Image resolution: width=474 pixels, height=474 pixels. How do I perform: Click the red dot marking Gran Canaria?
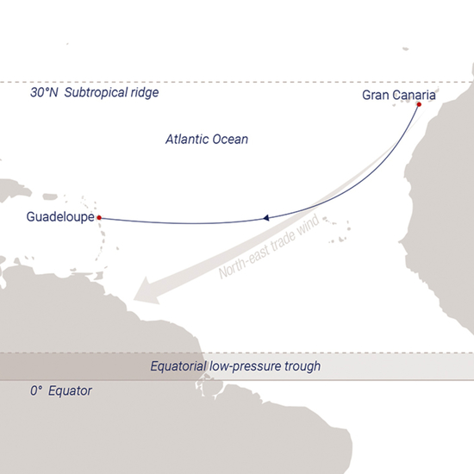(419, 105)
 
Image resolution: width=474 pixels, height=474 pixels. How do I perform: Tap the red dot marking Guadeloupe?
(99, 217)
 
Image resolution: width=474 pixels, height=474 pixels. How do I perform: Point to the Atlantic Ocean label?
(206, 138)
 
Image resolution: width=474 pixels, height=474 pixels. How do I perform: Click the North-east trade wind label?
(268, 248)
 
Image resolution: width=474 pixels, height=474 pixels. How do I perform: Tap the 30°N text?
(43, 91)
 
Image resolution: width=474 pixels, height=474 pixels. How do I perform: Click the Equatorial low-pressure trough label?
(235, 366)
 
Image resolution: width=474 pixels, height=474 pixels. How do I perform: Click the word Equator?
(70, 391)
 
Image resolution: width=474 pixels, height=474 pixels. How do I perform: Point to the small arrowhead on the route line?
(268, 218)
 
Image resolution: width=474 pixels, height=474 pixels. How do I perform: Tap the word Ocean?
(229, 138)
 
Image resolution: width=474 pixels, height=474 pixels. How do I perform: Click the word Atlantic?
(185, 138)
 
